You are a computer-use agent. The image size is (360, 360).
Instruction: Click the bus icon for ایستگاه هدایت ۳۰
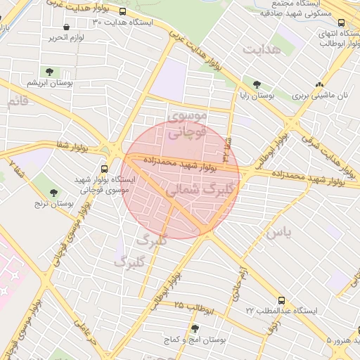click(x=124, y=12)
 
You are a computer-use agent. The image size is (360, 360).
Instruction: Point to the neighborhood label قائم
click(x=18, y=102)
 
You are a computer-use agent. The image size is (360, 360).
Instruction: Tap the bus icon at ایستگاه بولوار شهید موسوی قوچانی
click(x=104, y=169)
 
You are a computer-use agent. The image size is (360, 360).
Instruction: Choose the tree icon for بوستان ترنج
click(x=54, y=192)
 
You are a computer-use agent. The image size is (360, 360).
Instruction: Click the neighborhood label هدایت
click(x=262, y=50)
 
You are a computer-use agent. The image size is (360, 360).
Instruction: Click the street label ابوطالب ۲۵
click(x=189, y=307)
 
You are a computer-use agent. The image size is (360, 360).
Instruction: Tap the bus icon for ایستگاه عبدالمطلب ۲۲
click(x=281, y=300)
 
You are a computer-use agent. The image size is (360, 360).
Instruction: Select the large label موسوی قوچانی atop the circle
click(x=188, y=123)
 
